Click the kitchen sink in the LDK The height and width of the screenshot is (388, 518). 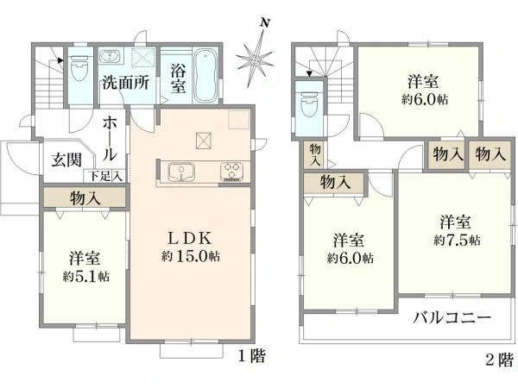coord(182,172)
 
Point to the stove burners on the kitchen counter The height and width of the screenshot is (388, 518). coord(234,172)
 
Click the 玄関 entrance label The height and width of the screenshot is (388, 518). coord(65,159)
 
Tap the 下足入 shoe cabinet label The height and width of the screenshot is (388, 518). coord(108,177)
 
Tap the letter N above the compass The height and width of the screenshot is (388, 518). coord(268,23)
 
